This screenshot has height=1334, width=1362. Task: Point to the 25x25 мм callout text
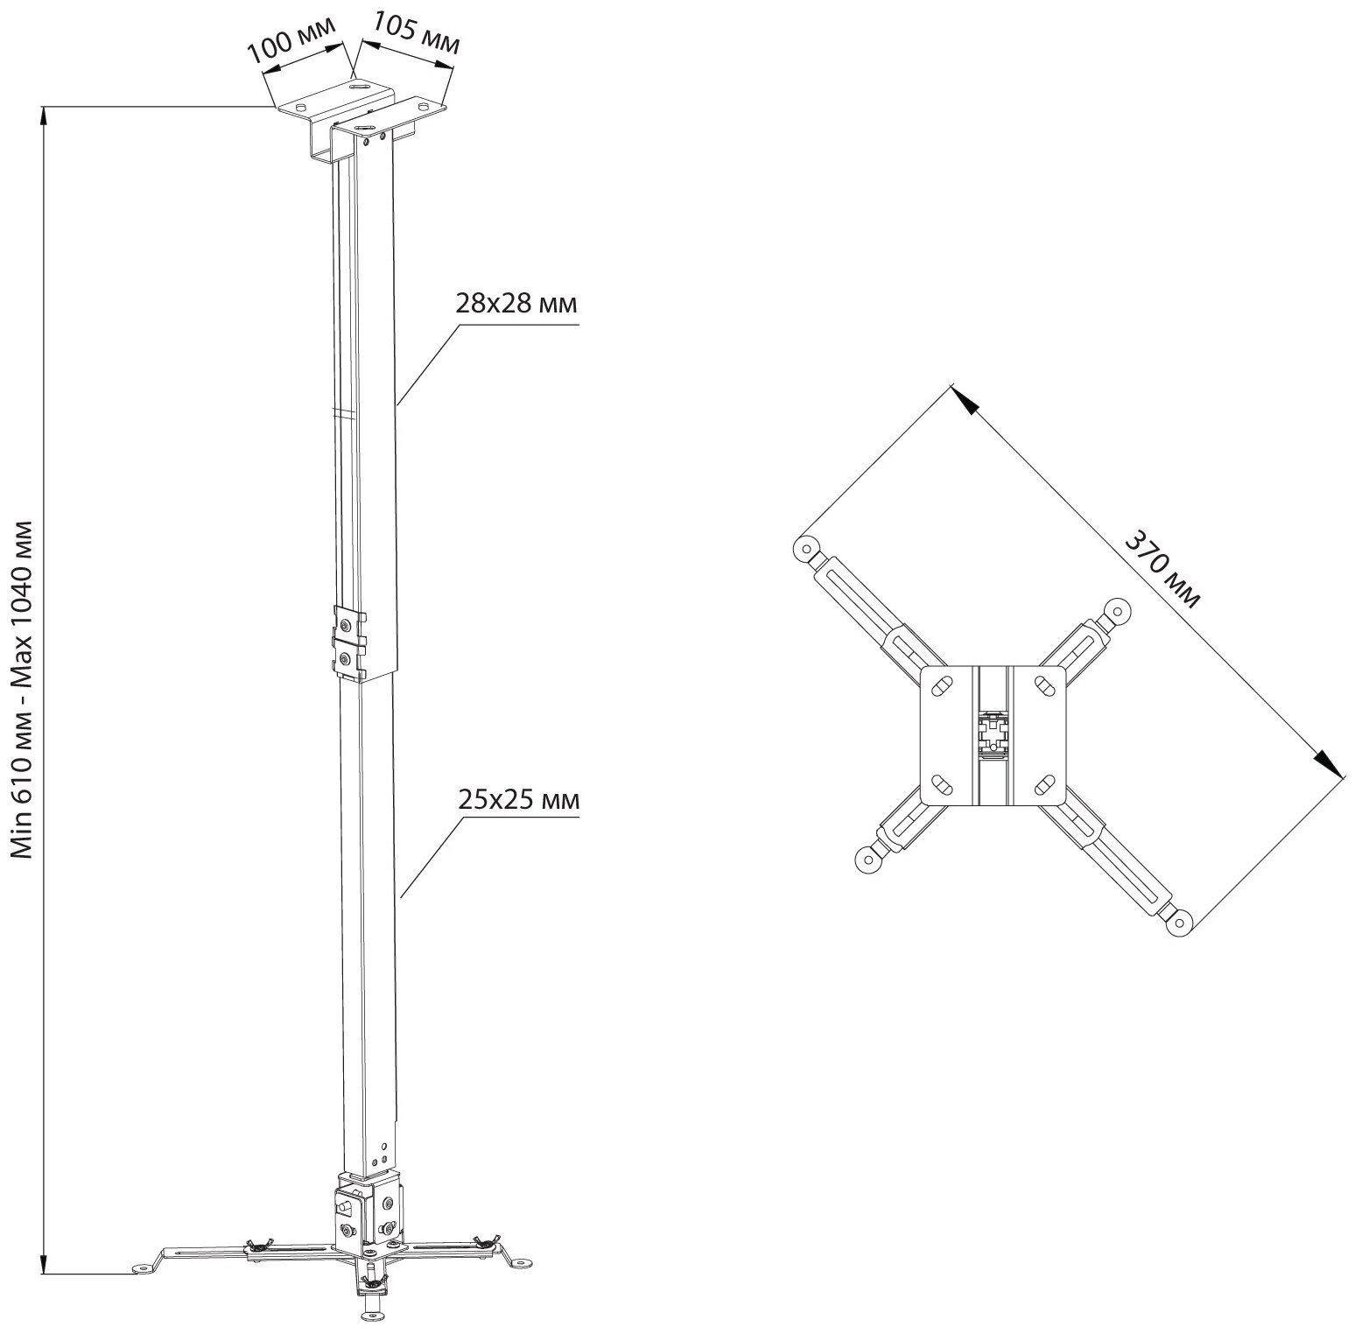tap(518, 799)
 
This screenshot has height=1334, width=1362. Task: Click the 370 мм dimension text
tap(1163, 568)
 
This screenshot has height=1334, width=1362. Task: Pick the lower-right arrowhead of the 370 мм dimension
tap(1329, 762)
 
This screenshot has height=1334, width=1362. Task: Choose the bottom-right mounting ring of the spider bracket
tap(1181, 920)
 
